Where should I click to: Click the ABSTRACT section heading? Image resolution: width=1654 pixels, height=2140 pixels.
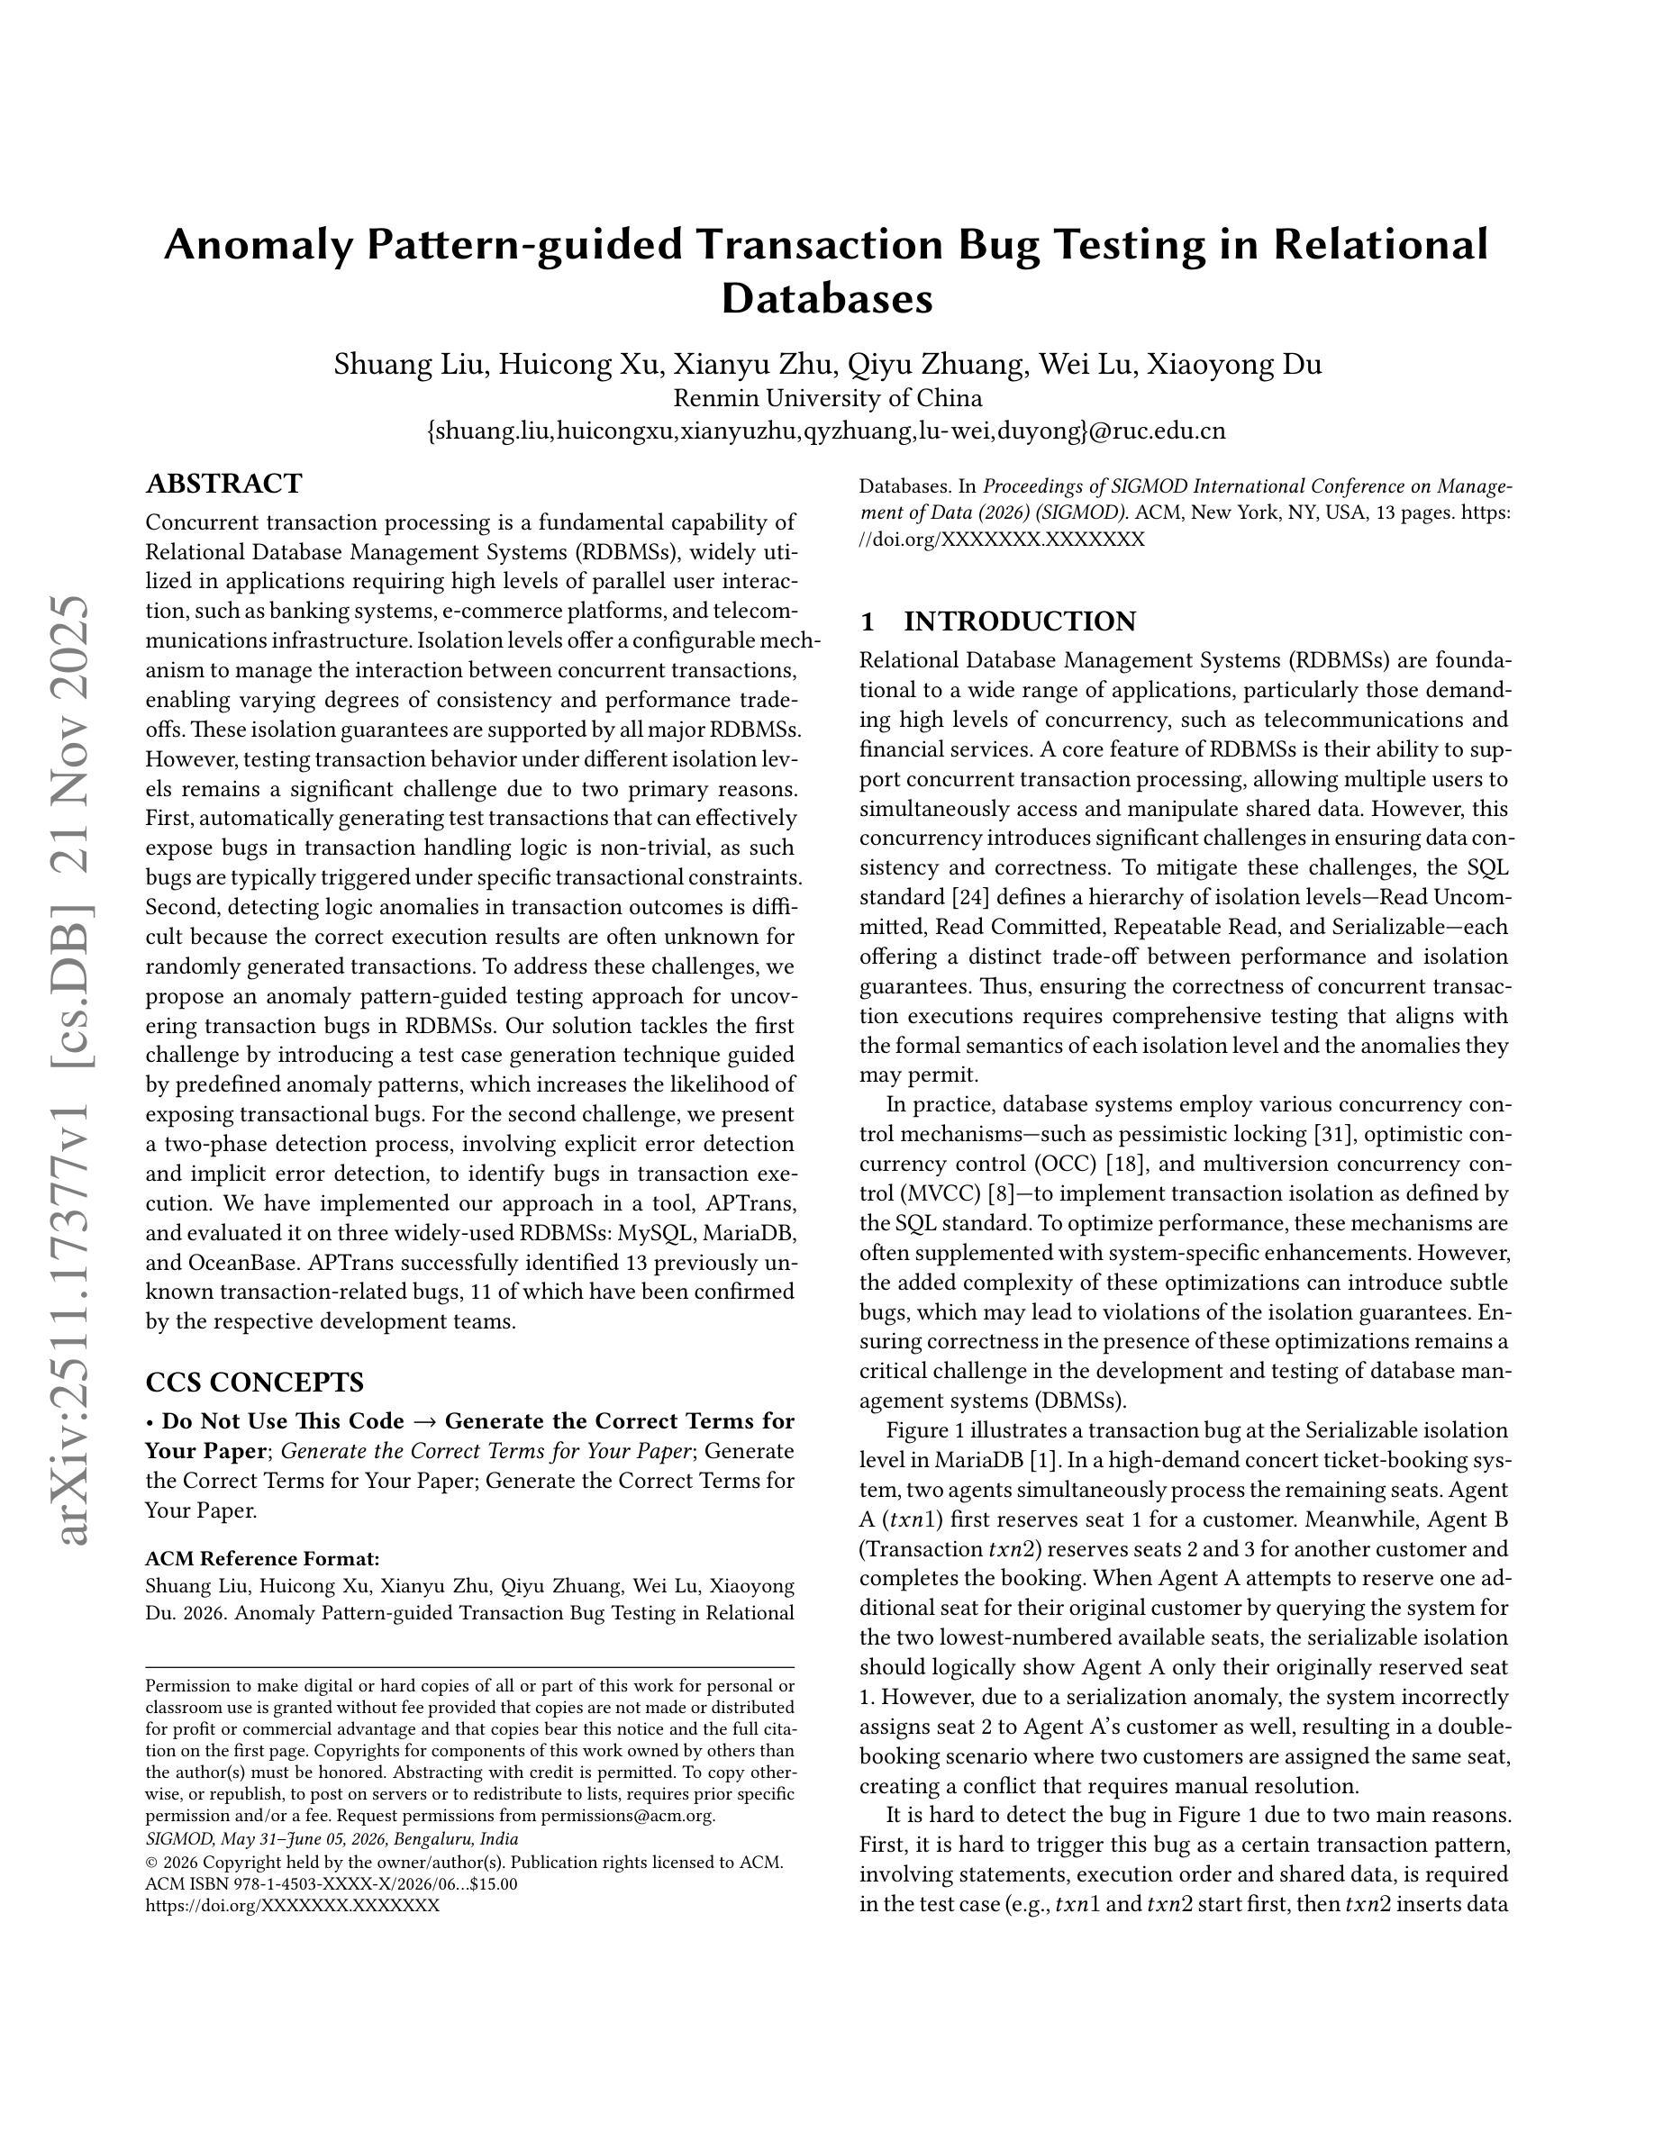coord(223,484)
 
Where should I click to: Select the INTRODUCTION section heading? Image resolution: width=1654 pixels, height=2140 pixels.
coord(1019,621)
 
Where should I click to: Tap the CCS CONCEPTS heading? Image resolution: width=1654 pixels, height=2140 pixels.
coord(255,1383)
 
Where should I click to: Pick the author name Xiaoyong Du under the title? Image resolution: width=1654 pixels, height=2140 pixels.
coord(1233,365)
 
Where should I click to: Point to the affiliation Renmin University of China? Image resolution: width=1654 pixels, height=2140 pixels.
coord(827,399)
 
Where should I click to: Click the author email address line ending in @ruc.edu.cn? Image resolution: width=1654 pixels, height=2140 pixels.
coord(827,431)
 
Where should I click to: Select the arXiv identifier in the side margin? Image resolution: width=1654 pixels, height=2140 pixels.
coord(74,1068)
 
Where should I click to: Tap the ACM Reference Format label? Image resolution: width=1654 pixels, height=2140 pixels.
coord(261,1559)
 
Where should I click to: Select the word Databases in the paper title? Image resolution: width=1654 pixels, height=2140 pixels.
coord(827,298)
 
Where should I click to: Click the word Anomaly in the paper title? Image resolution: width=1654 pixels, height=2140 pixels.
coord(258,244)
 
